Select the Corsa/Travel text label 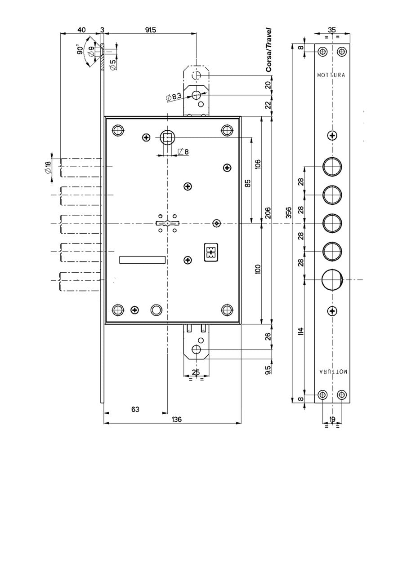pyautogui.click(x=269, y=50)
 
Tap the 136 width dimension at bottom pyautogui.click(x=177, y=419)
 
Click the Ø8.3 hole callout pyautogui.click(x=173, y=96)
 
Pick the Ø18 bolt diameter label pyautogui.click(x=48, y=168)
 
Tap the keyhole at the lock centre pyautogui.click(x=167, y=223)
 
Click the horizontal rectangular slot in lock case pyautogui.click(x=142, y=259)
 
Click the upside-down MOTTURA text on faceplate pyautogui.click(x=333, y=372)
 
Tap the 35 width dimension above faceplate pyautogui.click(x=332, y=30)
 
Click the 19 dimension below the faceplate pyautogui.click(x=332, y=419)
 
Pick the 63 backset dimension pyautogui.click(x=135, y=409)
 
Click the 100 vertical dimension pyautogui.click(x=258, y=270)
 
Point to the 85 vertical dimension pyautogui.click(x=247, y=183)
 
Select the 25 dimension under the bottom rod pyautogui.click(x=196, y=372)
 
